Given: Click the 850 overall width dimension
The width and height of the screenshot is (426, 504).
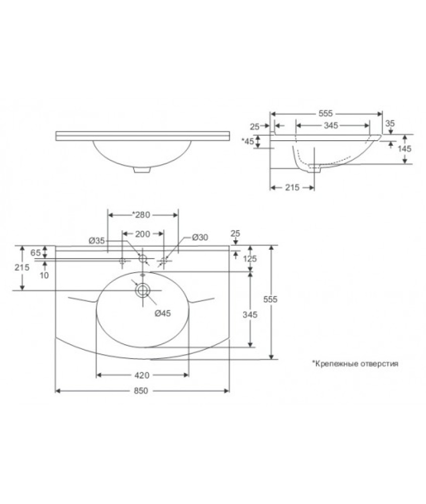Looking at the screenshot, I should (x=141, y=391).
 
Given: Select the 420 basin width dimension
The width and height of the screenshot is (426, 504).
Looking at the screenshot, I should (x=142, y=375).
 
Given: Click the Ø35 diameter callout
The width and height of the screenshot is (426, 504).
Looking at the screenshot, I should (x=97, y=241).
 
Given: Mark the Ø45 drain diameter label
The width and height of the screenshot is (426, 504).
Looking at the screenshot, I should (x=163, y=313).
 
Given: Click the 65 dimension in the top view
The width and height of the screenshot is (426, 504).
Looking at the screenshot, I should (x=35, y=253).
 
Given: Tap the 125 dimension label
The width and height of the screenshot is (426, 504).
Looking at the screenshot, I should (x=250, y=259).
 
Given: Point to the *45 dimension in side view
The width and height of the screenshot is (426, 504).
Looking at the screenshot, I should (x=247, y=141).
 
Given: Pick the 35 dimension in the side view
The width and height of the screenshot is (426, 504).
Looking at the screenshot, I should (x=390, y=123).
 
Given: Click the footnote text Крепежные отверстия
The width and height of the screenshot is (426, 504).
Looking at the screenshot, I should (x=355, y=362).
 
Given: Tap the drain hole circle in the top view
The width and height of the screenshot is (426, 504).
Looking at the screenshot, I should (x=143, y=290).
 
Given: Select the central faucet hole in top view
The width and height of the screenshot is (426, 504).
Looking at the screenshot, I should (x=143, y=259).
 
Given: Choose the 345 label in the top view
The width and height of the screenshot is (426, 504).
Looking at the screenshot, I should (x=250, y=314).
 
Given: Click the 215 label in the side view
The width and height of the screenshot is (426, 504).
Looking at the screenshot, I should (x=292, y=187).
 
